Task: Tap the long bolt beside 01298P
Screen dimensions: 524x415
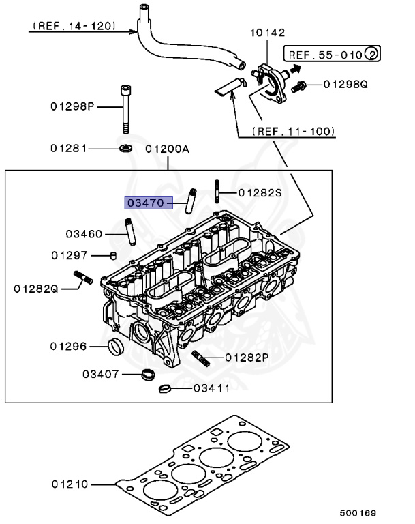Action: [124, 108]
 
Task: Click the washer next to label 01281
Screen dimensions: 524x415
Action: [125, 148]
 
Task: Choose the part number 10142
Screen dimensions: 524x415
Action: [267, 33]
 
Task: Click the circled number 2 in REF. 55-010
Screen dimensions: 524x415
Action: [371, 54]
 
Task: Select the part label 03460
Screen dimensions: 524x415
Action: [84, 234]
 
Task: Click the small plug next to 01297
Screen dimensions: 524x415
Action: [114, 255]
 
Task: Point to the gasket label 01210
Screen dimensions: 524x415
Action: [70, 484]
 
